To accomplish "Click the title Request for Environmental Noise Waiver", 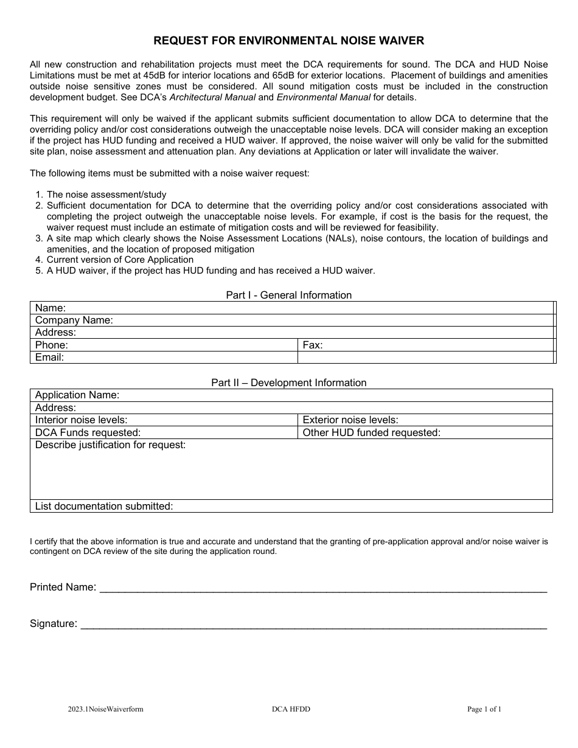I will (x=289, y=41).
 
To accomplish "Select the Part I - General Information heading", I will (x=289, y=295).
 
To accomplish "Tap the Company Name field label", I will (x=74, y=320).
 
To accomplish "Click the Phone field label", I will (x=52, y=345).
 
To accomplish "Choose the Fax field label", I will (x=313, y=345).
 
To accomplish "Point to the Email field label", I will (x=49, y=357).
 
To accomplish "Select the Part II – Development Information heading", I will (x=289, y=383).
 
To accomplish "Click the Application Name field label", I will (x=77, y=395).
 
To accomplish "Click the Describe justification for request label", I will (x=110, y=445).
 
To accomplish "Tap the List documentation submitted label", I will (x=104, y=506).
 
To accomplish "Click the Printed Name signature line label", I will (x=63, y=587).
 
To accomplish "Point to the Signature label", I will (x=54, y=623).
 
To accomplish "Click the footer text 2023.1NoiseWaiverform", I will (x=106, y=708).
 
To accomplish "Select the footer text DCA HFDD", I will (x=291, y=708).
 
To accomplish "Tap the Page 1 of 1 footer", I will (x=484, y=708).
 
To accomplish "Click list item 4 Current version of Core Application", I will (x=120, y=260).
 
